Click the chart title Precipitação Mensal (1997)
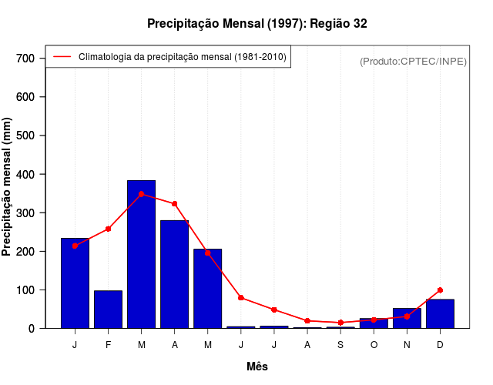257,24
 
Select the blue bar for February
108,310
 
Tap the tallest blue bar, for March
141,254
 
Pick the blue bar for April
174,274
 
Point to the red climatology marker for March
141,194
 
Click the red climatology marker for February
108,229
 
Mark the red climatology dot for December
440,290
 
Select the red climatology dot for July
273,310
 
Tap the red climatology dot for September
340,323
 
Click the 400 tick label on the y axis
25,175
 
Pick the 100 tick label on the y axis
25,290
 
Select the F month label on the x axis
108,344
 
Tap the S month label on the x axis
340,344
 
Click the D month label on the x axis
440,344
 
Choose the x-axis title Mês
257,367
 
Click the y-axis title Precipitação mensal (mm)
8,187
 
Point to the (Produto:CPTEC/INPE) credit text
413,61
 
